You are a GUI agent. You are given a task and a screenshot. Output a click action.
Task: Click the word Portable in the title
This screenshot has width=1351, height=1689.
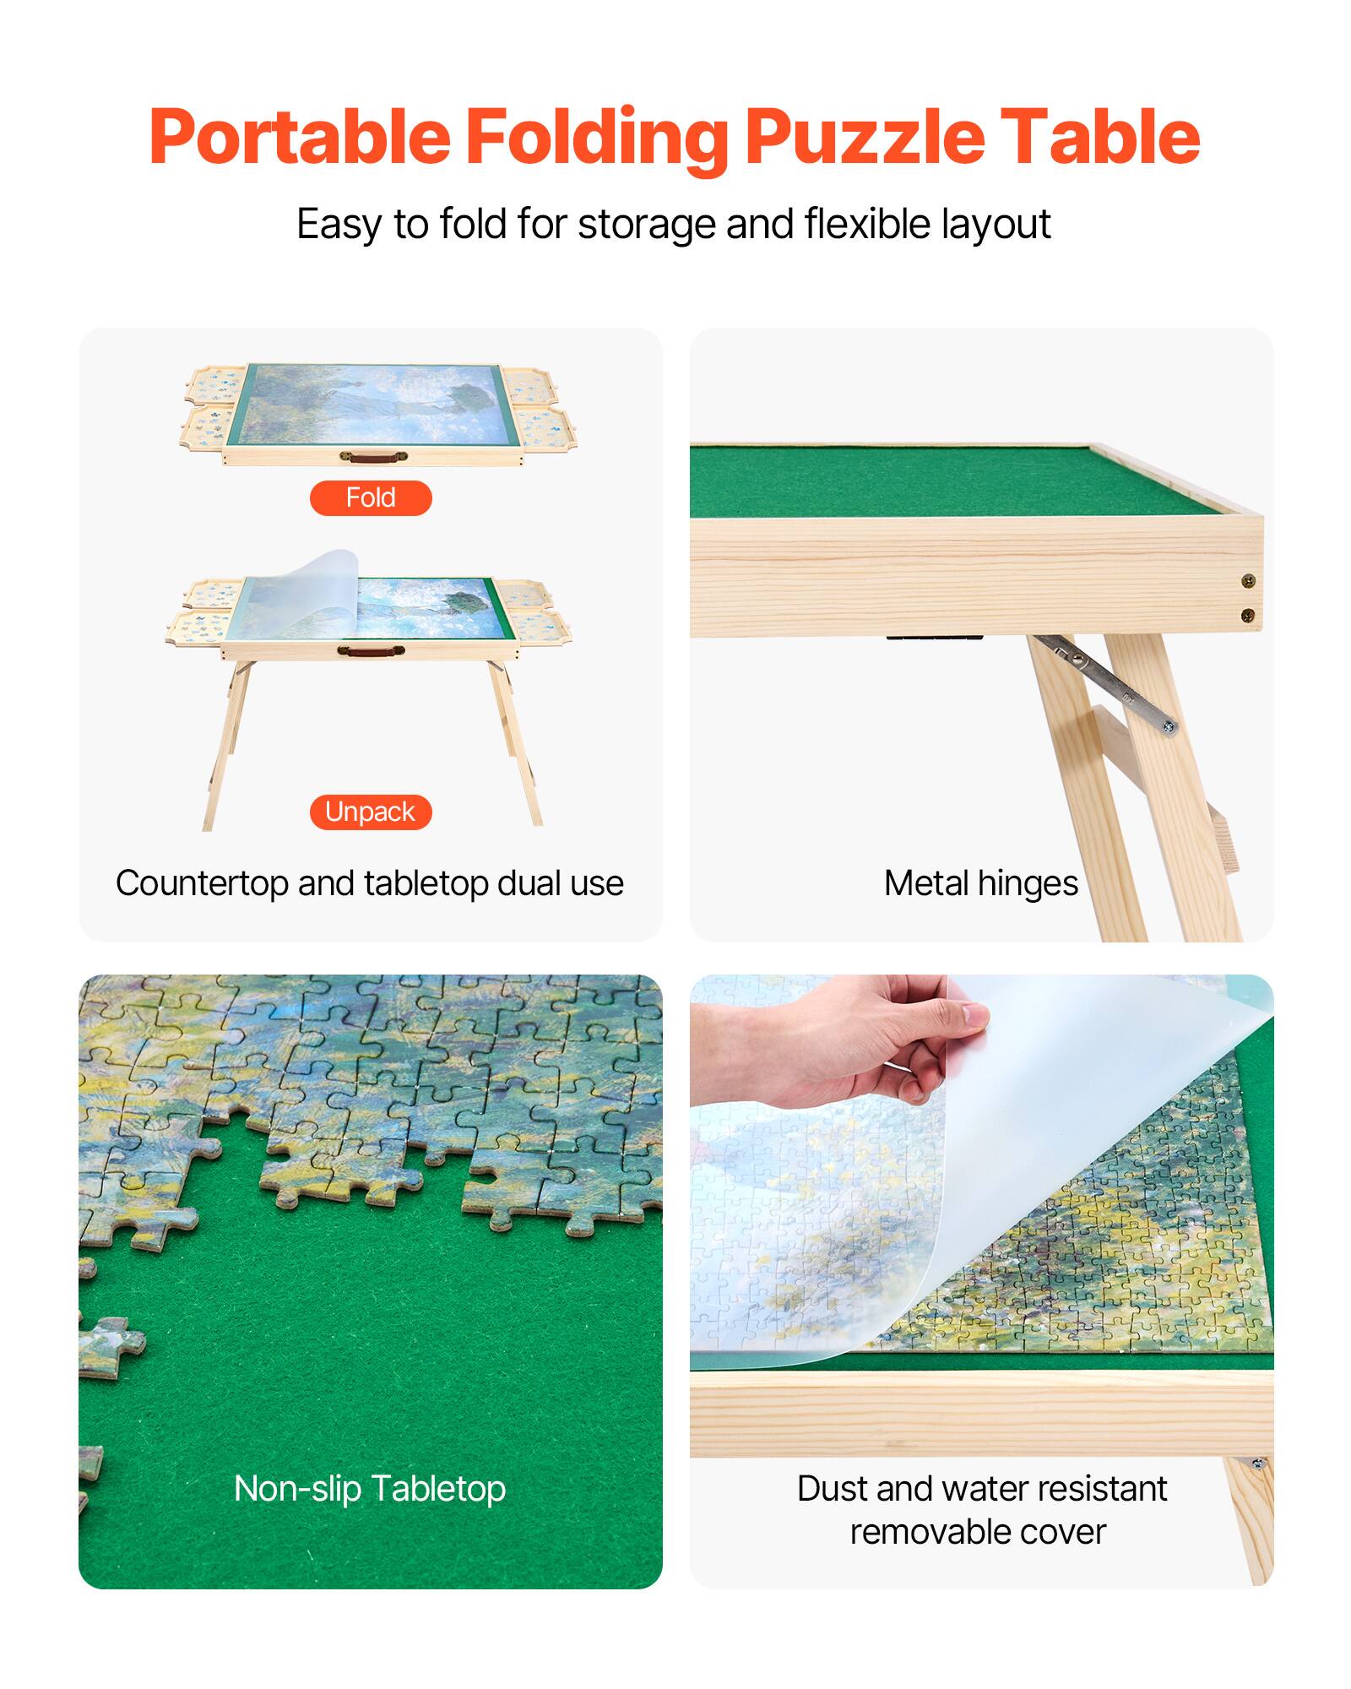[300, 137]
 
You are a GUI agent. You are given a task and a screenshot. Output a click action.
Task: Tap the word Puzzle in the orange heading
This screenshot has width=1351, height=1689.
[864, 137]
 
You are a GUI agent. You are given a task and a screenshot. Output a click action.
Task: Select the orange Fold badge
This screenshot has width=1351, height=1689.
[371, 498]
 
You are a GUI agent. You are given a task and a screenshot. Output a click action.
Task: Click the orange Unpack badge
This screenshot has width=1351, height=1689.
[371, 812]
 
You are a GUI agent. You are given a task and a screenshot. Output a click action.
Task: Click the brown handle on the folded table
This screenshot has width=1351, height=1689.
[372, 457]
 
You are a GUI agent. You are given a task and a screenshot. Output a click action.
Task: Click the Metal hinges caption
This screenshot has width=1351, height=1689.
[980, 883]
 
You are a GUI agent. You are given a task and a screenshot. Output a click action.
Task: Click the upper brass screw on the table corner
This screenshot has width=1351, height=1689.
[1248, 580]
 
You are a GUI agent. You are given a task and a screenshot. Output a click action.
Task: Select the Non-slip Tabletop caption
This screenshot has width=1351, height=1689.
[370, 1489]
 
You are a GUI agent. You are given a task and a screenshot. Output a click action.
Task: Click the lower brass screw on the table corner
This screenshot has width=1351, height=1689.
[1248, 615]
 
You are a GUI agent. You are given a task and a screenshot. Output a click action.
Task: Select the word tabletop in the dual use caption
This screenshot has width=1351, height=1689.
[426, 883]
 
